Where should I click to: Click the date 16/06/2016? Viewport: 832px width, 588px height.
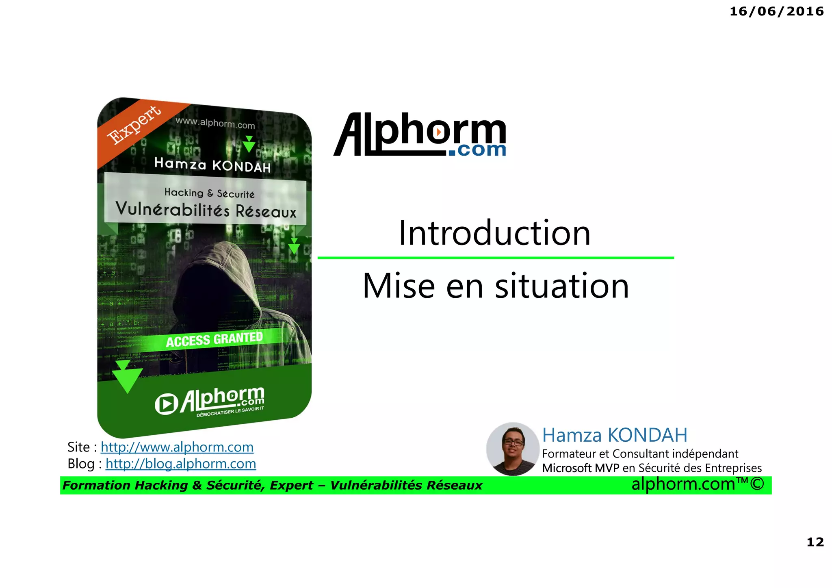pyautogui.click(x=776, y=11)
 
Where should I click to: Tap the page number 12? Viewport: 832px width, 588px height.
pyautogui.click(x=815, y=542)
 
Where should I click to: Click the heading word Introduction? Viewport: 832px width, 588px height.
pyautogui.click(x=494, y=233)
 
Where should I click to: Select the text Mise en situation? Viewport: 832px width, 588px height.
pyautogui.click(x=496, y=286)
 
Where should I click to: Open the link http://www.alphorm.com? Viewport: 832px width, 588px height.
pyautogui.click(x=177, y=447)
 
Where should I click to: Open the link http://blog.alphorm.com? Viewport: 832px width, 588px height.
pyautogui.click(x=180, y=464)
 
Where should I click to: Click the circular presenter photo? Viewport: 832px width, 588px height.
pyautogui.click(x=513, y=449)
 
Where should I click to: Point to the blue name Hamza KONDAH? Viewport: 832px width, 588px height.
pyautogui.click(x=614, y=435)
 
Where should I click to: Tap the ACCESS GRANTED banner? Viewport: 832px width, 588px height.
pyautogui.click(x=214, y=339)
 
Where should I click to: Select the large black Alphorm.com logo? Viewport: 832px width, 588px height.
pyautogui.click(x=420, y=135)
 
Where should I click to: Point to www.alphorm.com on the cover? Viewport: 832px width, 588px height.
pyautogui.click(x=215, y=123)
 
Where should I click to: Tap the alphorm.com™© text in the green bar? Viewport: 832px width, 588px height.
pyautogui.click(x=697, y=484)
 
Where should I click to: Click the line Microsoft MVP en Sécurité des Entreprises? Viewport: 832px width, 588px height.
pyautogui.click(x=652, y=468)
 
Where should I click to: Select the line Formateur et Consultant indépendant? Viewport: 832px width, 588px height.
pyautogui.click(x=640, y=453)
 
